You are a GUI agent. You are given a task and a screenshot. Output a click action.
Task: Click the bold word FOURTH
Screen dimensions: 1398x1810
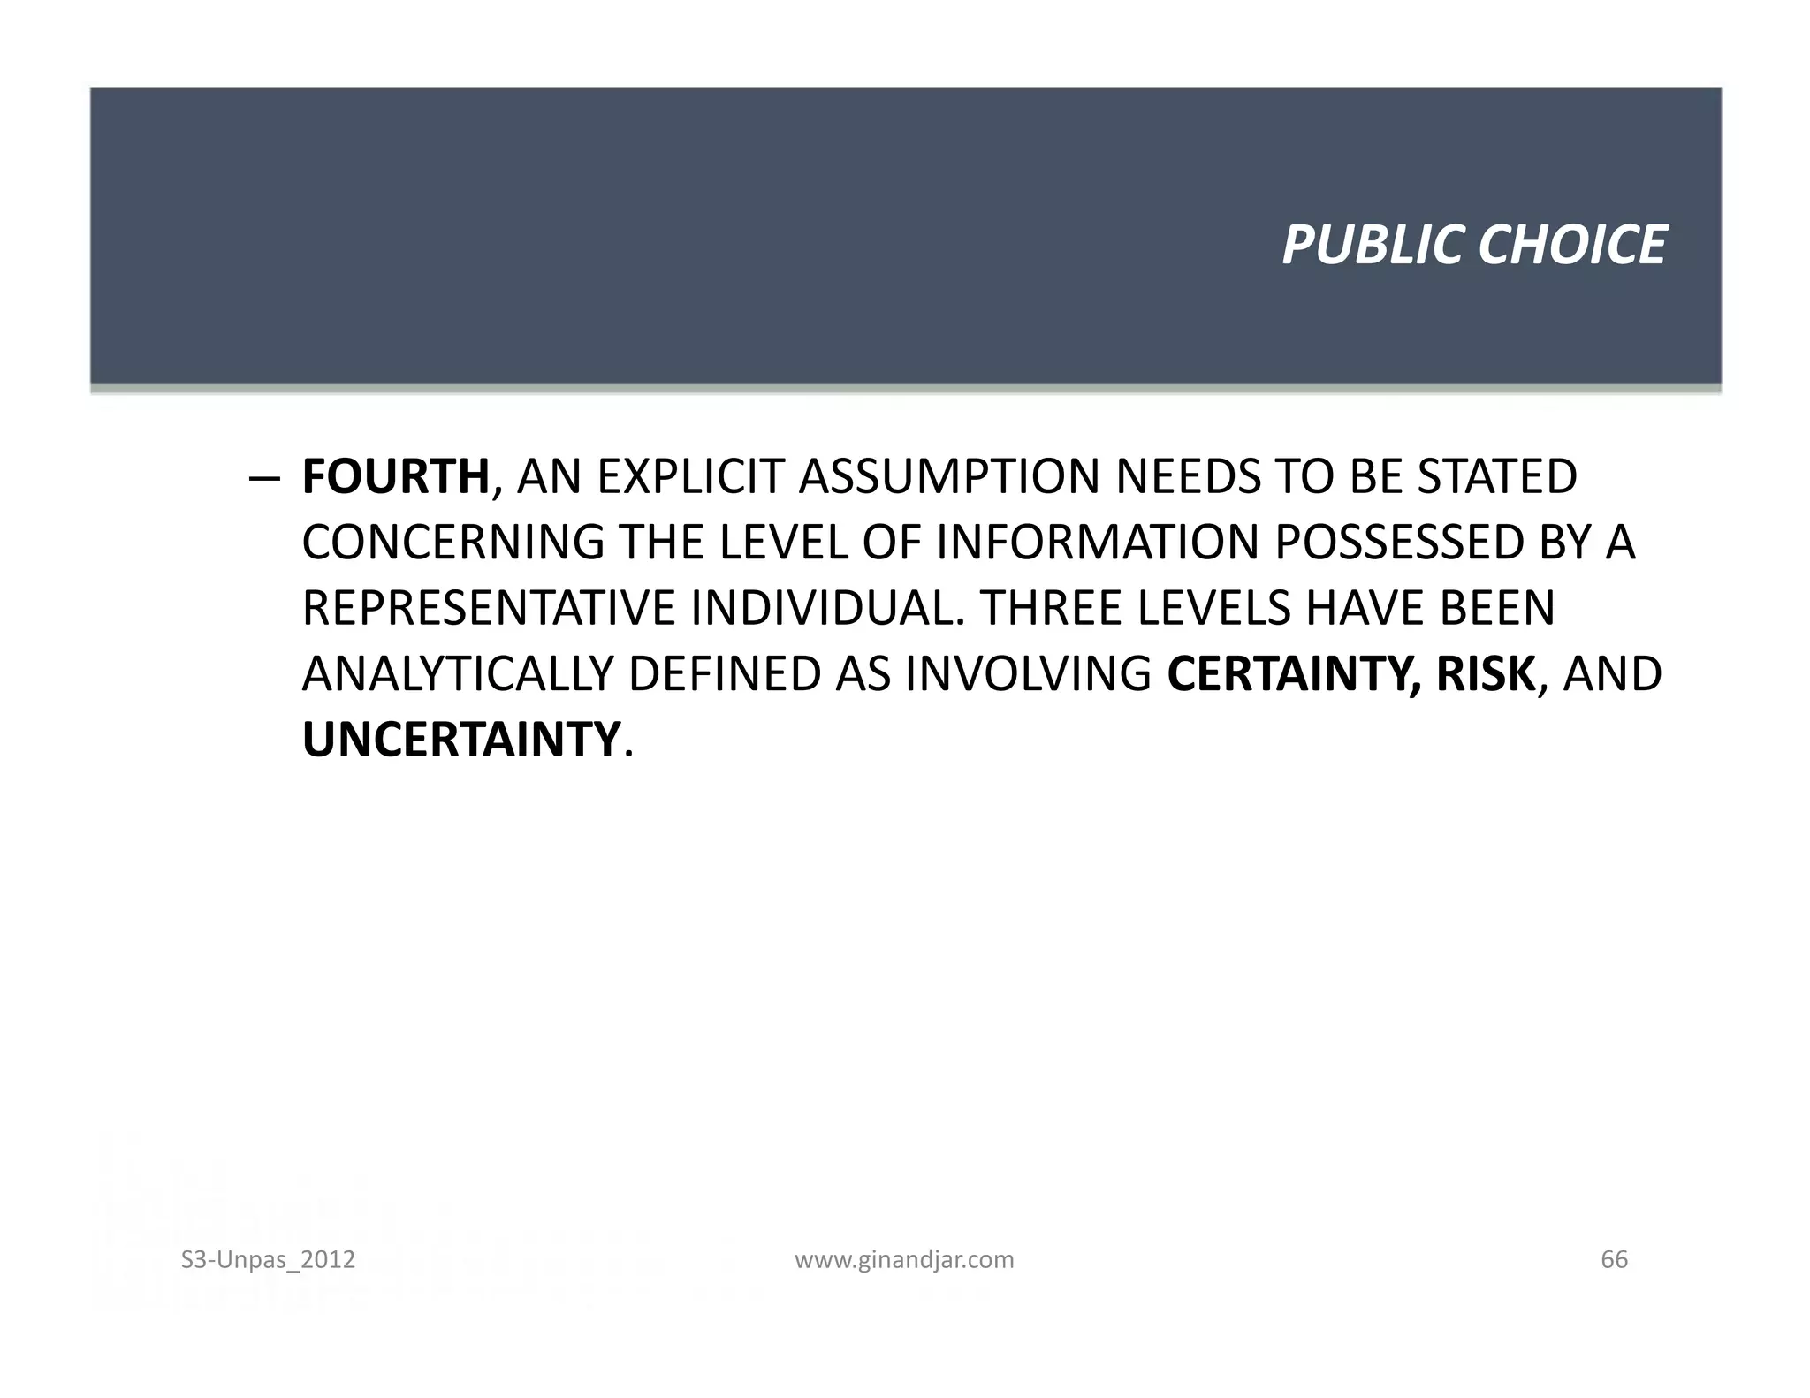pos(395,477)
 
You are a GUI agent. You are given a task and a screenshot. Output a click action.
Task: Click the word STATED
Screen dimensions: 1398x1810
pos(1497,477)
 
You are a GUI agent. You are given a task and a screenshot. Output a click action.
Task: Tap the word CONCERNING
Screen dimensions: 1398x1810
pos(453,543)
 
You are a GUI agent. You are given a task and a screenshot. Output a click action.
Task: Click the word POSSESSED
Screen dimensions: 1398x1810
pos(1399,543)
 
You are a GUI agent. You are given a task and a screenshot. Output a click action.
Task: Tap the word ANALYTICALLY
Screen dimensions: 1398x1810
pos(457,674)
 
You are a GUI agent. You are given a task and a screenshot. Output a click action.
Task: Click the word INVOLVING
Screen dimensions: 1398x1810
pos(1028,674)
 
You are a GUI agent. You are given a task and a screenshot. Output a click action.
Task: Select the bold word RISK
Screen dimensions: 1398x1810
pos(1486,674)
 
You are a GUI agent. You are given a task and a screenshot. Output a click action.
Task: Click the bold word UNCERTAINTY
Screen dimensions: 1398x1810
pos(460,741)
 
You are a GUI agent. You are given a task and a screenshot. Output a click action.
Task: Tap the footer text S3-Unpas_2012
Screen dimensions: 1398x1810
pos(268,1259)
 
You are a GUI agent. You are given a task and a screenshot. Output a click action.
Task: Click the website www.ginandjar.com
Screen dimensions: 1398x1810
pos(904,1259)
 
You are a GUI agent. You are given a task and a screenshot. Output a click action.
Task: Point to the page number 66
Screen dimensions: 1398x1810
pos(1614,1259)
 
